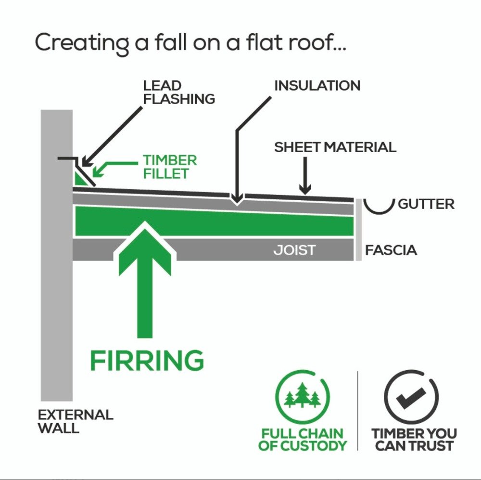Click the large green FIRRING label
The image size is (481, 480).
(147, 360)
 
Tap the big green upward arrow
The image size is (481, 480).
(144, 279)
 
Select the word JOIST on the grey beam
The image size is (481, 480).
(294, 250)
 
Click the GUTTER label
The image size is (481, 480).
(426, 204)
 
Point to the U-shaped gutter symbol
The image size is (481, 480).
(379, 206)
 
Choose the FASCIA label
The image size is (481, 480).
(391, 250)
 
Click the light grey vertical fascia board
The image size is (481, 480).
(358, 230)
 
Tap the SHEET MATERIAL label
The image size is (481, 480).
(335, 147)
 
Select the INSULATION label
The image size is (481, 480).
(317, 86)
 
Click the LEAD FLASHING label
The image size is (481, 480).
(178, 92)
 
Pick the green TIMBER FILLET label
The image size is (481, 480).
(170, 167)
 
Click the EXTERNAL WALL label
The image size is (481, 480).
(76, 421)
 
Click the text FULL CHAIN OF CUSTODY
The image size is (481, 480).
(303, 440)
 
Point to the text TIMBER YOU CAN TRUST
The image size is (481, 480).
(414, 440)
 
